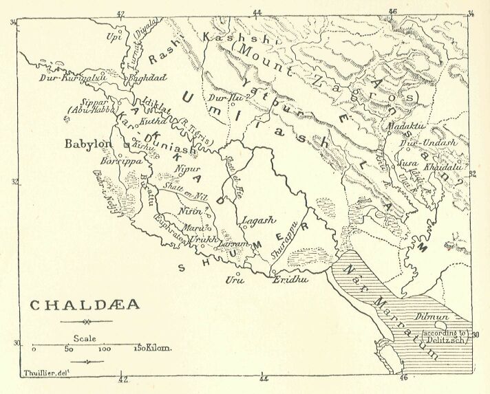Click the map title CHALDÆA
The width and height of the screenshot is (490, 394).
click(x=85, y=304)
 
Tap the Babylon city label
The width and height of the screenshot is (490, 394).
click(x=87, y=144)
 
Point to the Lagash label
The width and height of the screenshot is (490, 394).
click(x=258, y=221)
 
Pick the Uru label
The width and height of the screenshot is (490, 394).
click(x=234, y=280)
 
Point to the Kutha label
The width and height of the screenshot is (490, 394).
click(x=153, y=121)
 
